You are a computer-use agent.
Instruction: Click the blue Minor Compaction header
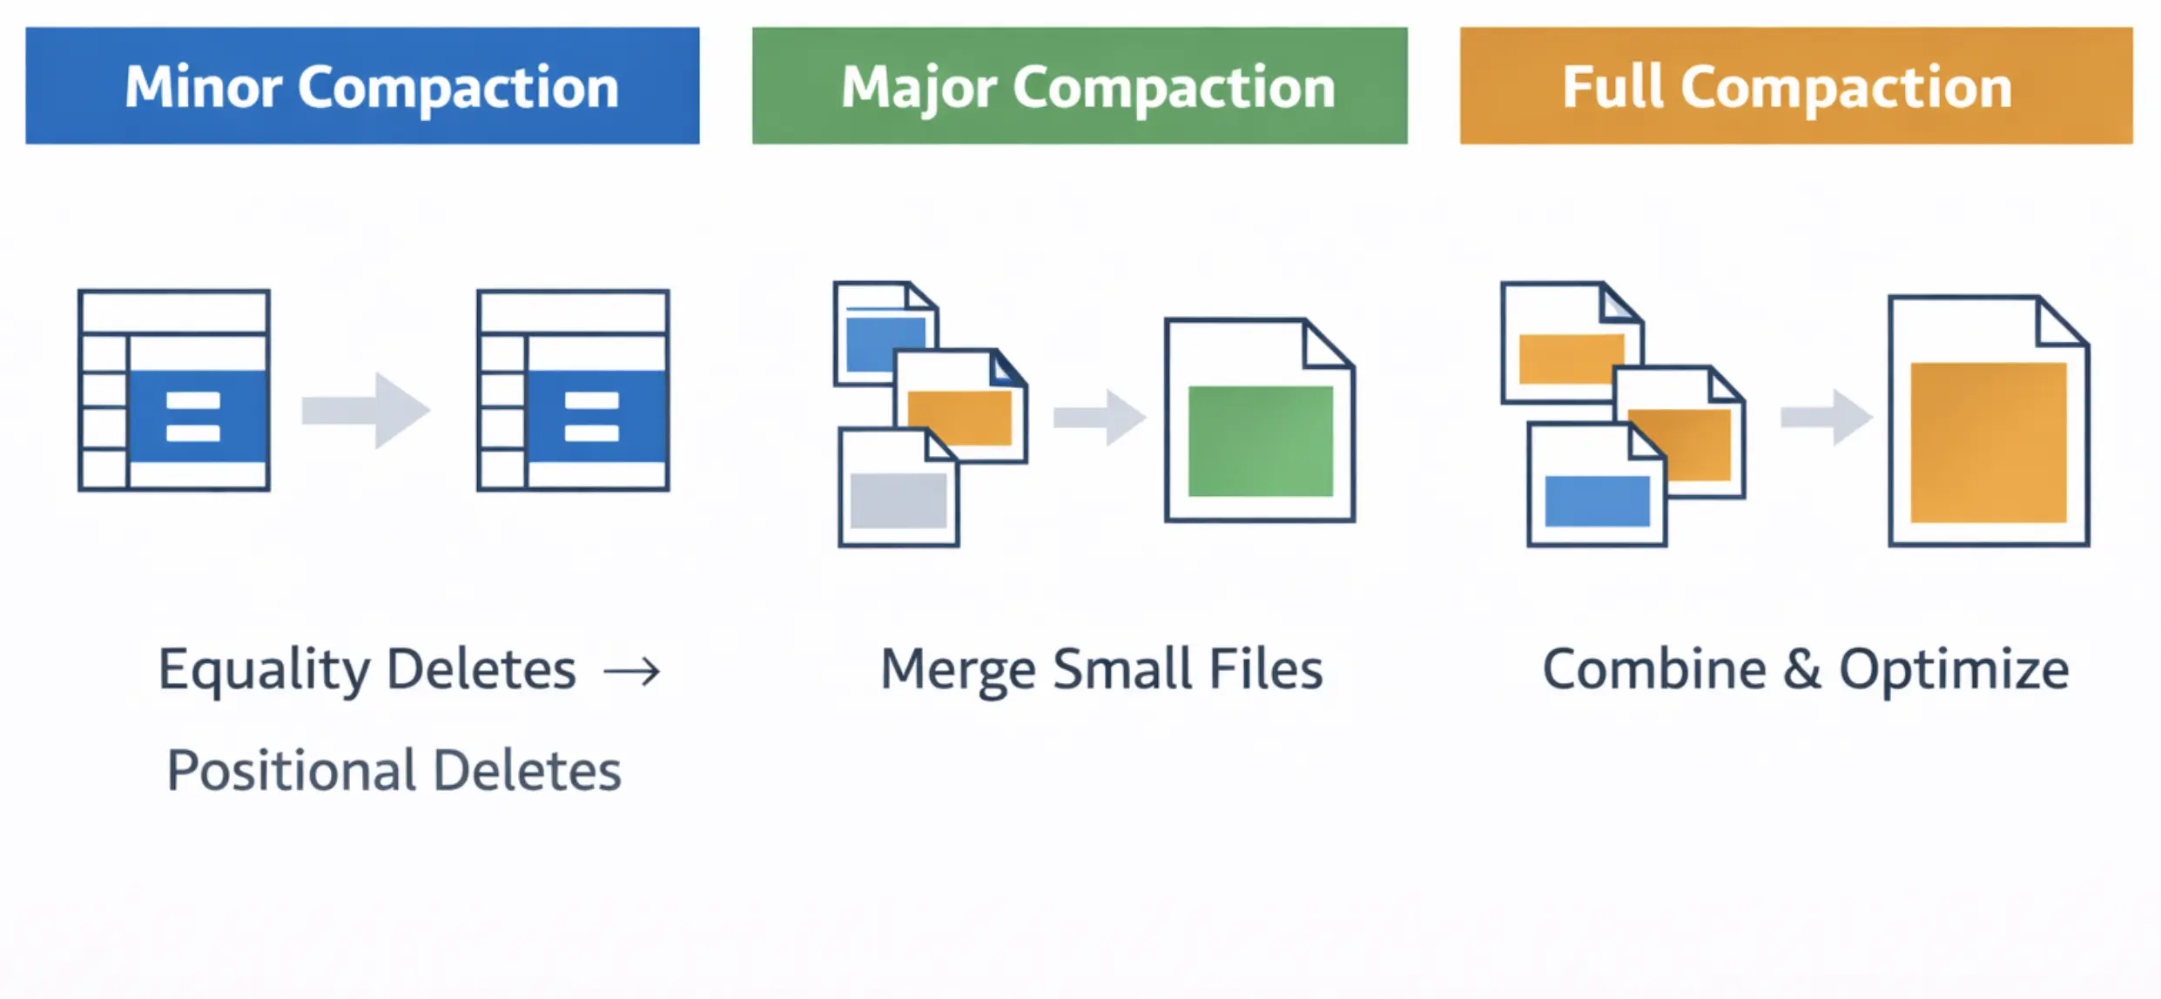[362, 85]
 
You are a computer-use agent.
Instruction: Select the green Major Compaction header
[1080, 85]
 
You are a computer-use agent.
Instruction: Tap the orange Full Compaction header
[1795, 85]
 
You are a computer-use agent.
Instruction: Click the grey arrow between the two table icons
[367, 411]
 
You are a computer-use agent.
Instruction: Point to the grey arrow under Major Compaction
[1100, 418]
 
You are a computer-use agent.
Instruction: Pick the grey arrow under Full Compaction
[1827, 418]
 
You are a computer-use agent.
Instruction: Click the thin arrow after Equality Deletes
[633, 671]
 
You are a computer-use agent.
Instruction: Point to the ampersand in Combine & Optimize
[1801, 669]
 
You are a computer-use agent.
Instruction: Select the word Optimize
[1953, 671]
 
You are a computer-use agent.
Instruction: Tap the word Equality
[264, 671]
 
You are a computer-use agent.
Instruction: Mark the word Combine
[1654, 669]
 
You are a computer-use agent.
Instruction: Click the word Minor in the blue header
[204, 87]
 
